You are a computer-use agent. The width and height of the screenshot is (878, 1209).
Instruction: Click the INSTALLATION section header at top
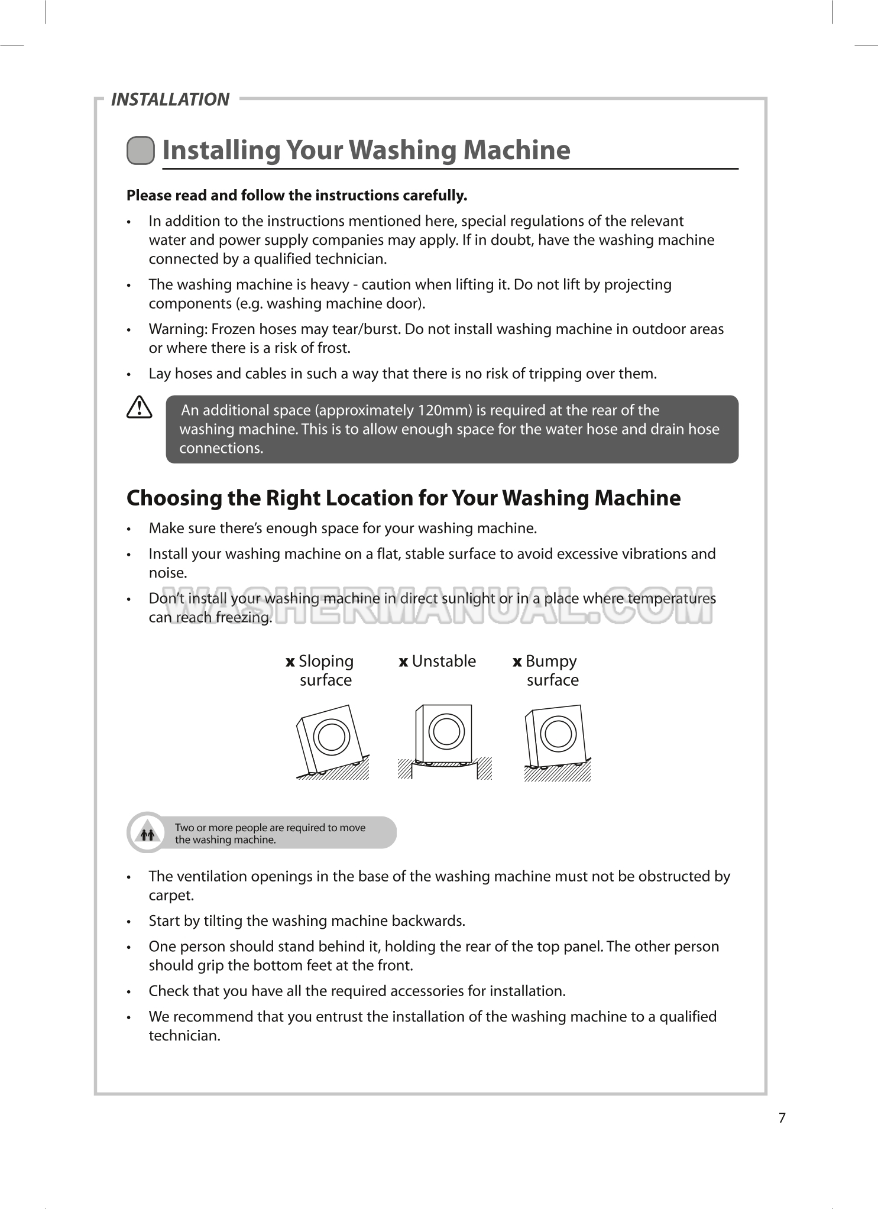tap(170, 99)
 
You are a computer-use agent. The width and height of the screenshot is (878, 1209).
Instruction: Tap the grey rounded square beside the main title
tap(141, 150)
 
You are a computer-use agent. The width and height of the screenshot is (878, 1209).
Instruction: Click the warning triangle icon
tap(140, 408)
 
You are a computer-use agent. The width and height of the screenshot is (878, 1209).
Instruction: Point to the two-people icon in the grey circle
tap(147, 834)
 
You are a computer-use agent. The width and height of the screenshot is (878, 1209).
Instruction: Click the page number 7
tap(782, 1118)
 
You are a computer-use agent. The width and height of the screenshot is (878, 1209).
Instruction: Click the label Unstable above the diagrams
tap(443, 661)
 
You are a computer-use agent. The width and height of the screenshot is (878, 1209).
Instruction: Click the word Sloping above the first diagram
tap(326, 661)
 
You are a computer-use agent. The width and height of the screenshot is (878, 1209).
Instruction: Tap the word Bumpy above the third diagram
tap(551, 661)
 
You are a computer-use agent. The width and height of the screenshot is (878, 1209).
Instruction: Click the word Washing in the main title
tap(401, 150)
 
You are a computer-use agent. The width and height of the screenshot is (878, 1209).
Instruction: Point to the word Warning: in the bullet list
tap(177, 329)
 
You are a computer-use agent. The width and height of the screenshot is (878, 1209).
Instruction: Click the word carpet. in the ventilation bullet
tap(171, 895)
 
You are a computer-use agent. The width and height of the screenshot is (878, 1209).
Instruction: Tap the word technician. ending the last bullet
tap(184, 1035)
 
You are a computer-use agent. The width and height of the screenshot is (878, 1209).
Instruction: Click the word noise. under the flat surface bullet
tap(168, 573)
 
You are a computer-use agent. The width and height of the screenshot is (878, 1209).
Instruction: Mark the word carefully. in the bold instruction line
tap(435, 196)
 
